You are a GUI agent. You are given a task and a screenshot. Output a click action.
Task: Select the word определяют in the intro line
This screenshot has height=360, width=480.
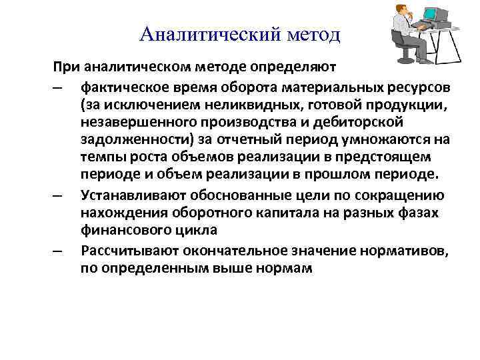293,67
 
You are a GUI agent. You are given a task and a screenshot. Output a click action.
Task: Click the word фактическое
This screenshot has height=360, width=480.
119,88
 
